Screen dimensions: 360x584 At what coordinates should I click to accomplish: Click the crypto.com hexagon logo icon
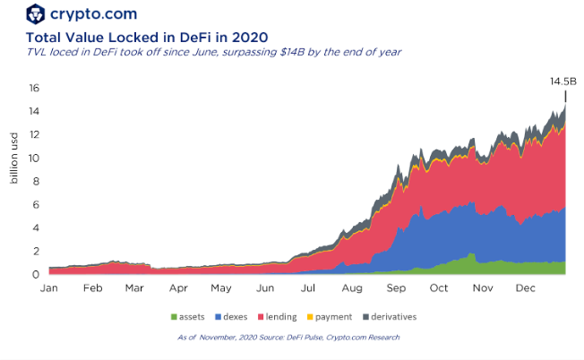point(36,13)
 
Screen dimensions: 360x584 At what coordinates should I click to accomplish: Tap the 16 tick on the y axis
point(34,88)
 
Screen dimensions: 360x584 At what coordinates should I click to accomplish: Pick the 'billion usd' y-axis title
point(14,157)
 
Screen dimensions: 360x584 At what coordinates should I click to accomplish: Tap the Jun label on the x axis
point(265,289)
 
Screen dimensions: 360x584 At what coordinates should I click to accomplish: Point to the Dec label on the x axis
point(526,289)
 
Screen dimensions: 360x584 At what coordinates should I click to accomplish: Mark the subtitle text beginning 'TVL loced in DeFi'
point(213,52)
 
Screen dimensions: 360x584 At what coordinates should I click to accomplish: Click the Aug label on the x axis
point(352,289)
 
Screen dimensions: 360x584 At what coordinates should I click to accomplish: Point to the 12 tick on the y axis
point(34,134)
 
